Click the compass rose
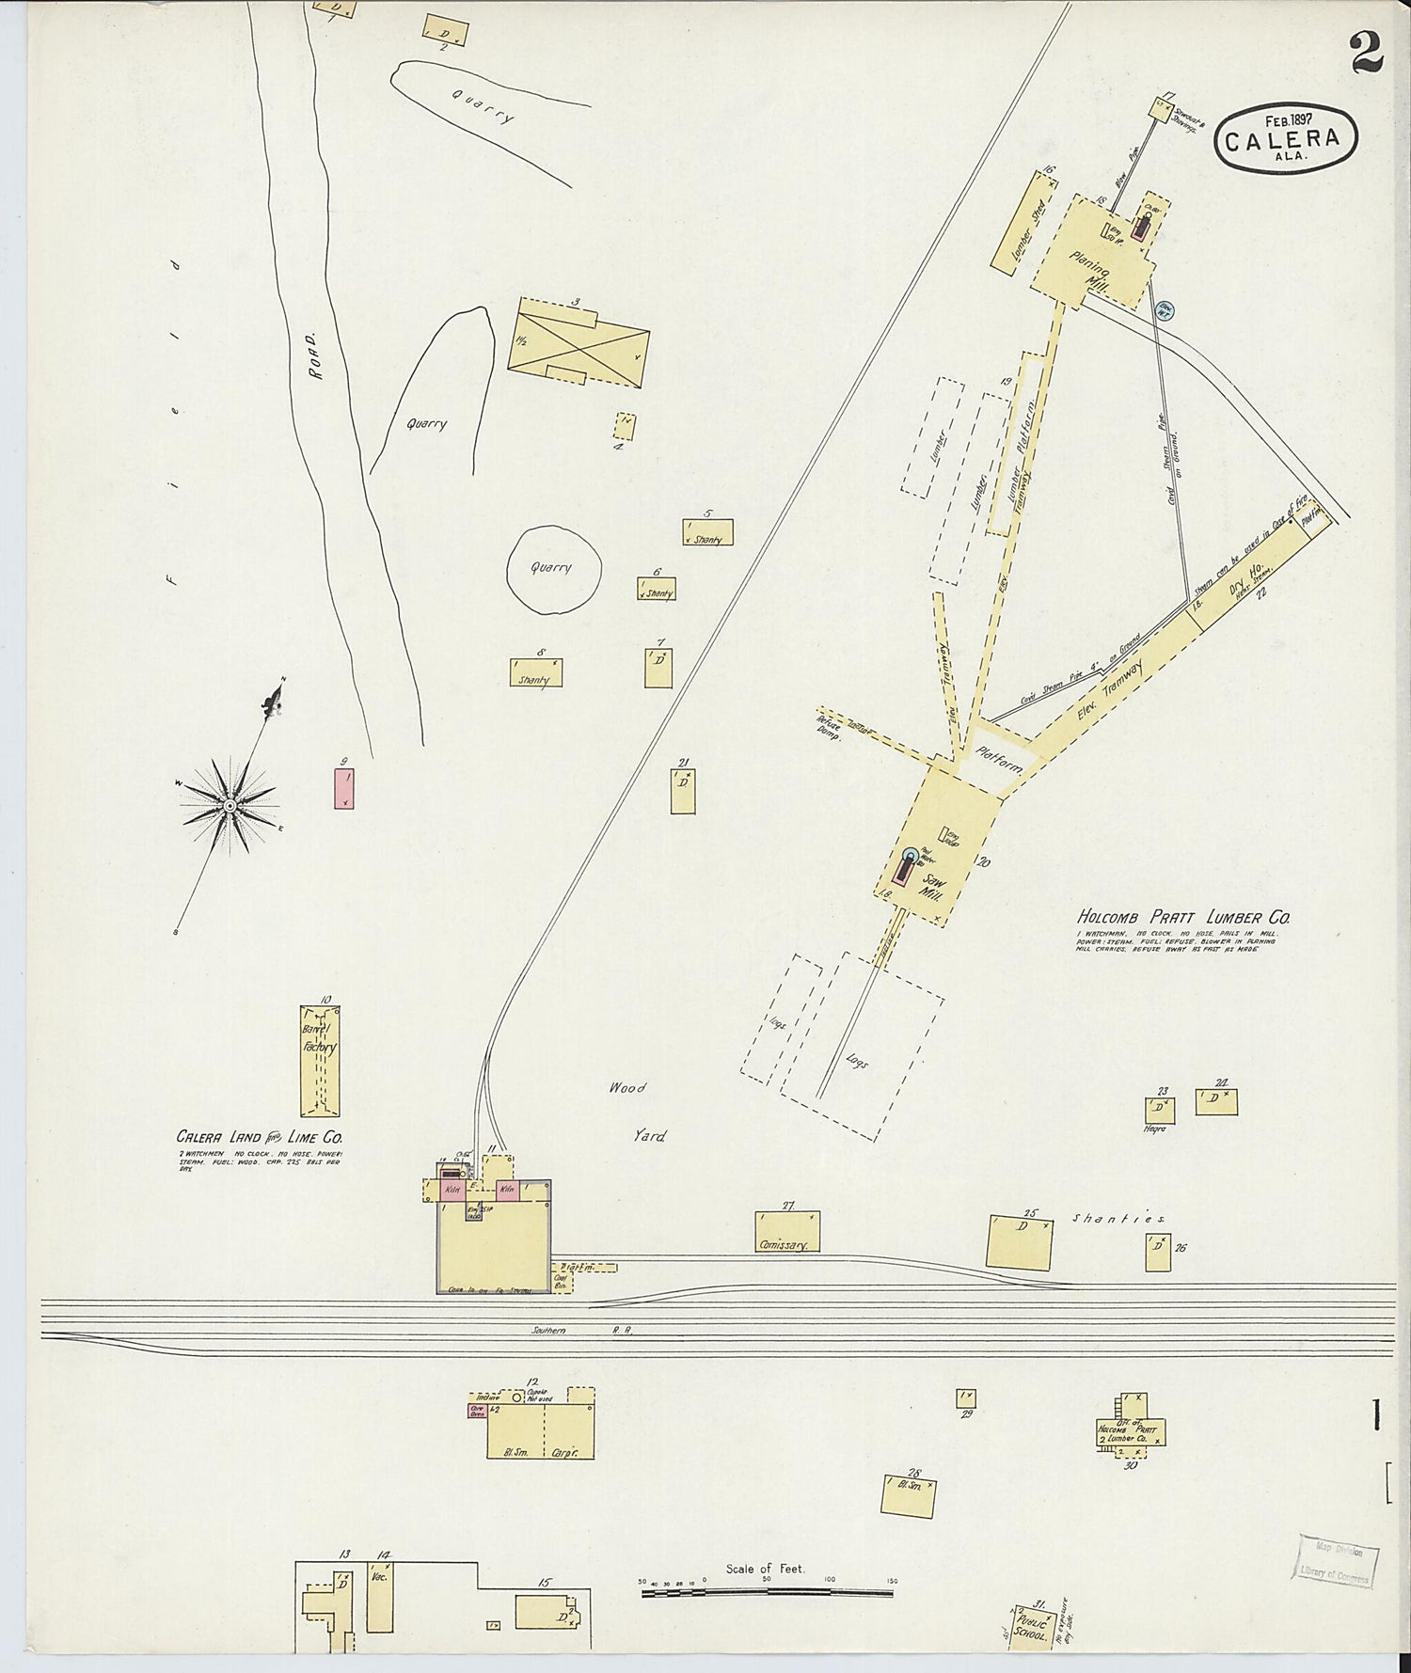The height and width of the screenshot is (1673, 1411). [x=229, y=805]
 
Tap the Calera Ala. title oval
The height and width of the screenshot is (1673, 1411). [x=1290, y=139]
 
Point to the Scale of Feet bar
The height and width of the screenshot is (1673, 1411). [x=766, y=1592]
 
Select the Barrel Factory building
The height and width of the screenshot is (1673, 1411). [x=320, y=1059]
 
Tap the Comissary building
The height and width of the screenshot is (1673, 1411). [x=787, y=1232]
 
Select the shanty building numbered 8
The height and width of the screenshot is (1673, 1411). [x=536, y=672]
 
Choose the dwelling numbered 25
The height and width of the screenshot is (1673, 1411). [x=1021, y=1240]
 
